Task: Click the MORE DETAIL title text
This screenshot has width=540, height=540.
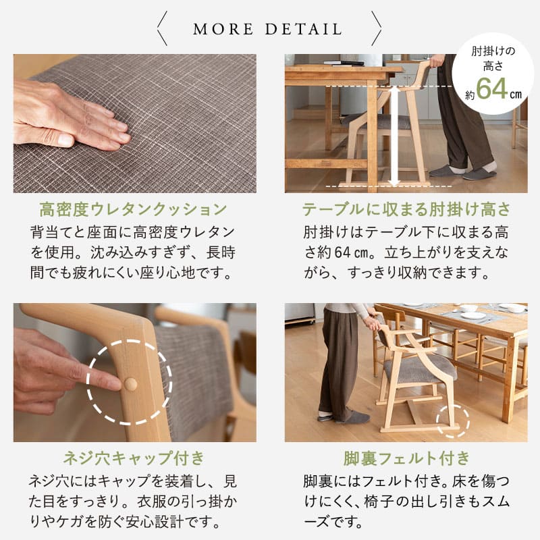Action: tap(268, 29)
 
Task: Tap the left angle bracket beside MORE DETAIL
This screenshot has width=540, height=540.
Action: tap(162, 29)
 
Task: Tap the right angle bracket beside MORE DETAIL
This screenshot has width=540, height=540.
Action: tap(376, 29)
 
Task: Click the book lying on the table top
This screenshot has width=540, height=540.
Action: tap(343, 63)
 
